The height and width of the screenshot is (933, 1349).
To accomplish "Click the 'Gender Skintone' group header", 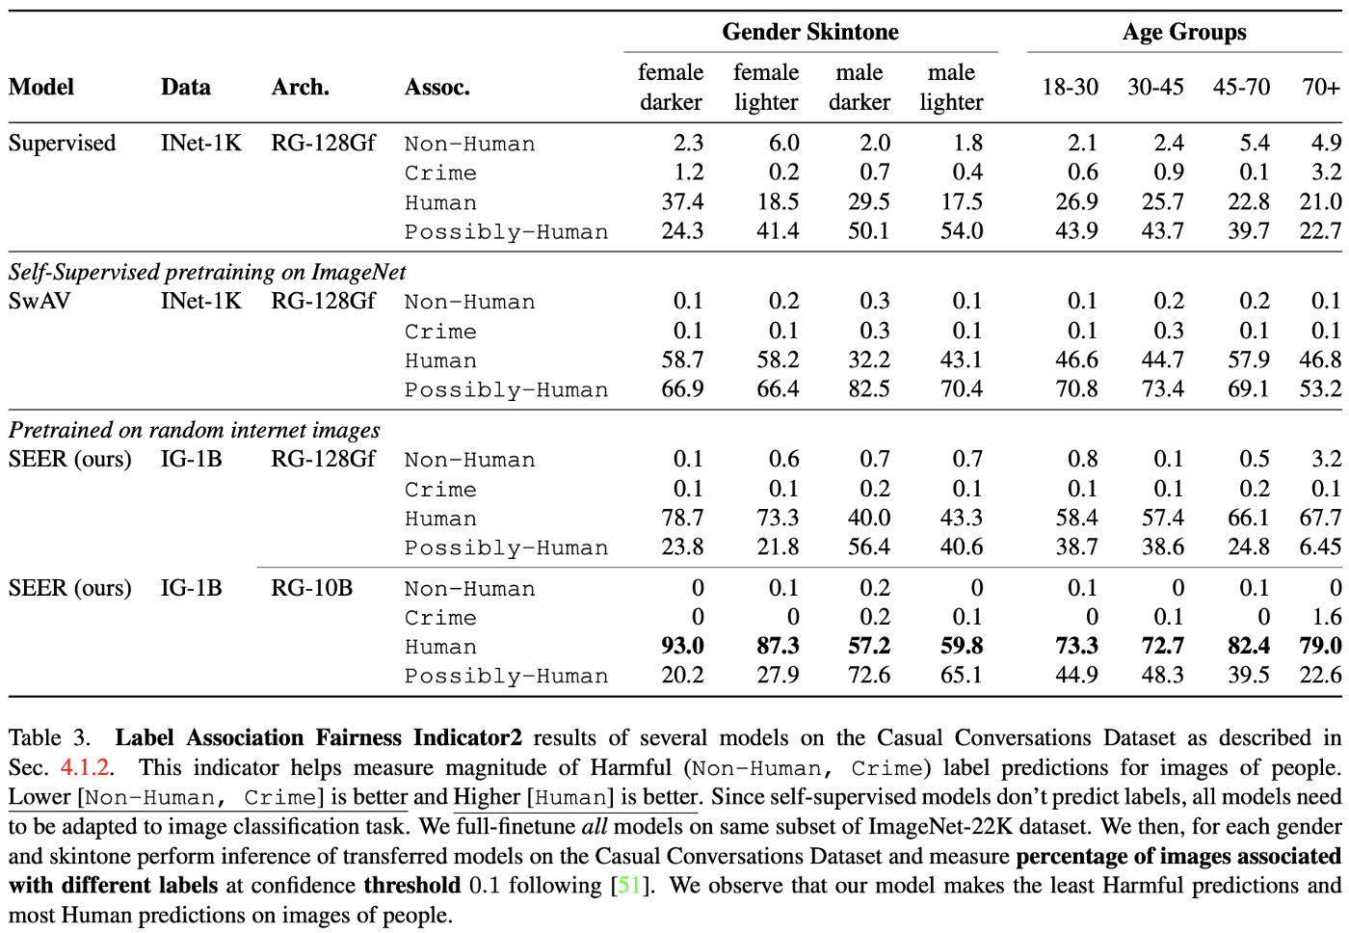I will pos(809,32).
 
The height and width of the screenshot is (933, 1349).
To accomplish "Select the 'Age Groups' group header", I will pos(1183,32).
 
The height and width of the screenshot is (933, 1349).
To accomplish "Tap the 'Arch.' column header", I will pos(300,87).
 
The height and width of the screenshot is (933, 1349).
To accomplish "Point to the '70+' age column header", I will pos(1320,87).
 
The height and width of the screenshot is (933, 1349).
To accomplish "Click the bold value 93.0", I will pos(682,646).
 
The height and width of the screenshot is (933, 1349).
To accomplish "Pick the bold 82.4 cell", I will pos(1248,646).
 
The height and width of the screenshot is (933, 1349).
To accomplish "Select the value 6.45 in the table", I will pos(1319,546).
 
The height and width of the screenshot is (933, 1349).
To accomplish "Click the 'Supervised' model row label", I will pos(62,143).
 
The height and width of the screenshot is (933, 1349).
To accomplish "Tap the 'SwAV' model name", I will pos(40,301).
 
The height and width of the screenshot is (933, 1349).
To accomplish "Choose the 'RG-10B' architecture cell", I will pos(311,588).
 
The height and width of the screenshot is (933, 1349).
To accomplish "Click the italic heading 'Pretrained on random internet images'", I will pos(194,430).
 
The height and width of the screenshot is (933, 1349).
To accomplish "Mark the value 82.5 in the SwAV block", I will pos(868,389).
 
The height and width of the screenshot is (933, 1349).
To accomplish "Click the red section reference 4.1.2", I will pos(85,767).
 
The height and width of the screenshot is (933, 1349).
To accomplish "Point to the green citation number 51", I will pos(629,885).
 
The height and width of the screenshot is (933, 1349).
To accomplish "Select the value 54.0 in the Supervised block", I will pos(961,231).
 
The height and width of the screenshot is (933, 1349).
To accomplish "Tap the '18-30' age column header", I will pos(1070,87).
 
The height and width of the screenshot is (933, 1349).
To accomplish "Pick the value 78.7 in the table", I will pos(682,518).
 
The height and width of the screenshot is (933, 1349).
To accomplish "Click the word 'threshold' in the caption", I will pos(411,885).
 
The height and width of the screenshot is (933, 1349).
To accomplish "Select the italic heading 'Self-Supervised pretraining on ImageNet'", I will pos(207,272).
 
